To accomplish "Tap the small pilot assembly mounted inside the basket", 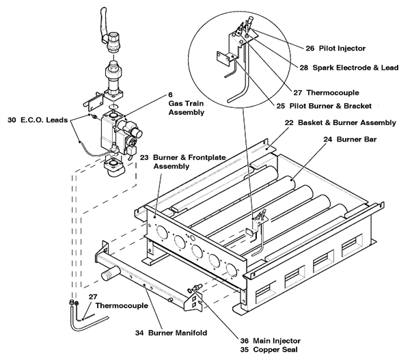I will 258,220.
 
